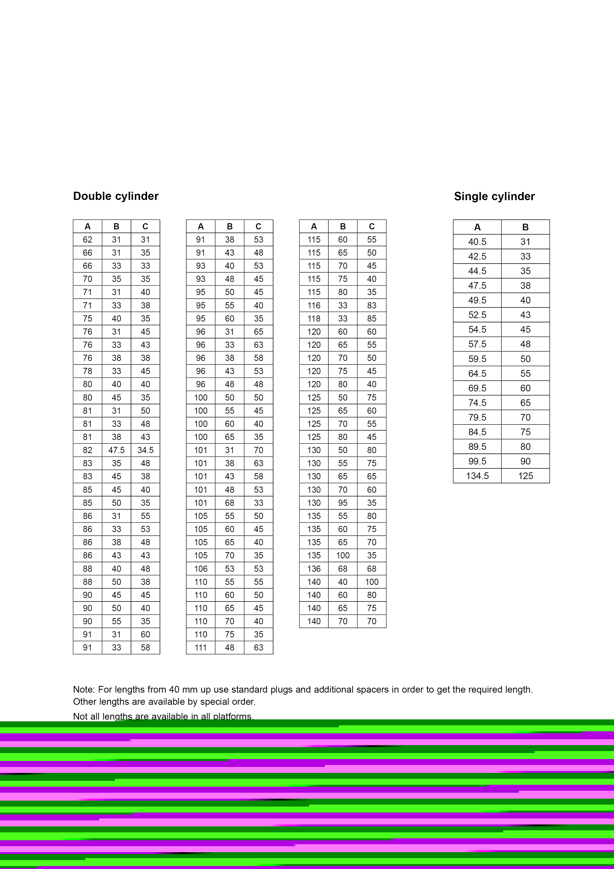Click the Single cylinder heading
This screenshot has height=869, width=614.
[494, 196]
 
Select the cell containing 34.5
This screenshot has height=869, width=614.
[145, 450]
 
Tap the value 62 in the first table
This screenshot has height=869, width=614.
[87, 240]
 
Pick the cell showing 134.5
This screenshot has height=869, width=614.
[477, 476]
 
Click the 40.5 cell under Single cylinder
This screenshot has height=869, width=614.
[477, 242]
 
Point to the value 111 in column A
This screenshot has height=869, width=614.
[201, 648]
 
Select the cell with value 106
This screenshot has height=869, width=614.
[201, 569]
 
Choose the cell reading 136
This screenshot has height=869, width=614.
[314, 569]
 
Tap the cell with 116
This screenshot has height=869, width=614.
[314, 305]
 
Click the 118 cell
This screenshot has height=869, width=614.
[314, 319]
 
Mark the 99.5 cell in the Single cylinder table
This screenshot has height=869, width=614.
[477, 461]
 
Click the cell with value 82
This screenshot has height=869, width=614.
[87, 450]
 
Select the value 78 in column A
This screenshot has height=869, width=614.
[87, 371]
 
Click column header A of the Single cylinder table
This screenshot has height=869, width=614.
[477, 227]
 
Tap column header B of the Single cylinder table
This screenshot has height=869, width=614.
[525, 227]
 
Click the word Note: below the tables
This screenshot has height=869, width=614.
[84, 690]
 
